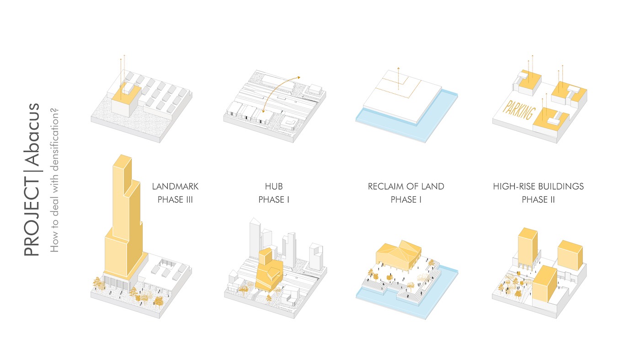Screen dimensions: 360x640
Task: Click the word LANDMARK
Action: click(175, 187)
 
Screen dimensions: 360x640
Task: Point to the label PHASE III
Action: click(175, 199)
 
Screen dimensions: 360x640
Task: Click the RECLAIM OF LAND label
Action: click(406, 187)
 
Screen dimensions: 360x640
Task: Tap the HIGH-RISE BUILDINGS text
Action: click(538, 187)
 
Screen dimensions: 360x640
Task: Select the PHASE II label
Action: click(538, 199)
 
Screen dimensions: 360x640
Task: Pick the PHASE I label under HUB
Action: click(274, 199)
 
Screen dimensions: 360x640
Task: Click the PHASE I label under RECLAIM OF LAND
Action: click(406, 199)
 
